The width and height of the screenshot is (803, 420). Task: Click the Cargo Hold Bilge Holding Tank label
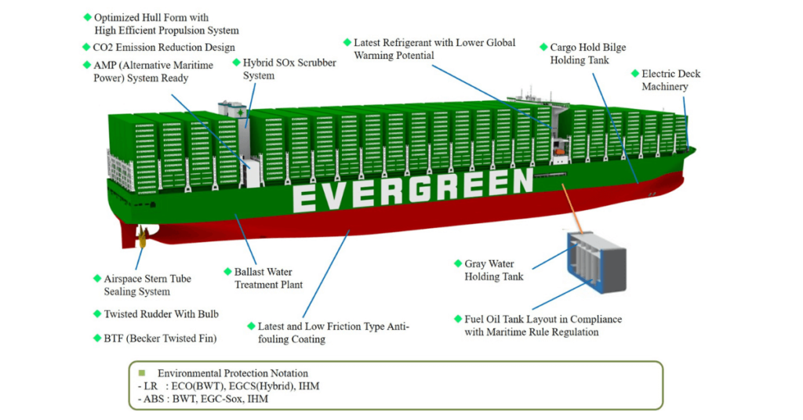[587, 53]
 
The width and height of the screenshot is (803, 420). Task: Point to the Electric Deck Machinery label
[670, 80]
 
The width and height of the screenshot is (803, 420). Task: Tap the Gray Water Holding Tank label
[493, 270]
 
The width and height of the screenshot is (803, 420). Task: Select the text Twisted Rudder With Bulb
[161, 314]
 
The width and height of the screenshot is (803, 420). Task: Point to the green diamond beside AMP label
[87, 64]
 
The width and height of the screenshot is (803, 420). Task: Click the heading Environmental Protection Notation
[232, 374]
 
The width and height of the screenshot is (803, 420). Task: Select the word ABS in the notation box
[149, 399]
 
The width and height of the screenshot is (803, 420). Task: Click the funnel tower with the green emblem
[232, 112]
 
